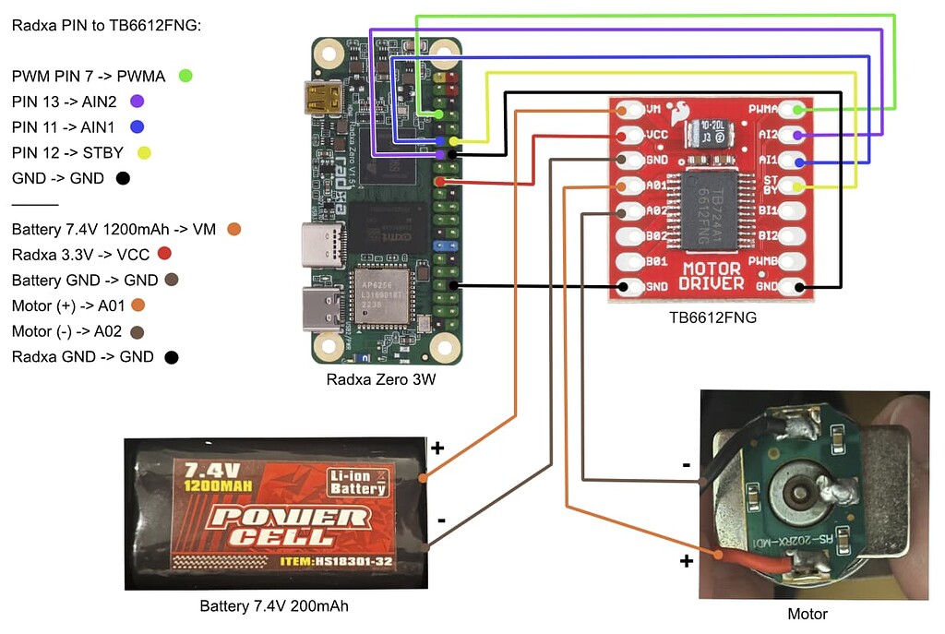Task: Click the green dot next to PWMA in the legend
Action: click(185, 76)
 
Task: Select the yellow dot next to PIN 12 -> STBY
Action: click(143, 153)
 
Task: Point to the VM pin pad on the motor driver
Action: click(630, 110)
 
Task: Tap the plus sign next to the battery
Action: click(437, 449)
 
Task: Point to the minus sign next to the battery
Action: click(441, 520)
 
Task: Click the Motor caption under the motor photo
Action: click(807, 614)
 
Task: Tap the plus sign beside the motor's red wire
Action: click(686, 561)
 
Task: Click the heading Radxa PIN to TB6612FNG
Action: click(106, 25)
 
